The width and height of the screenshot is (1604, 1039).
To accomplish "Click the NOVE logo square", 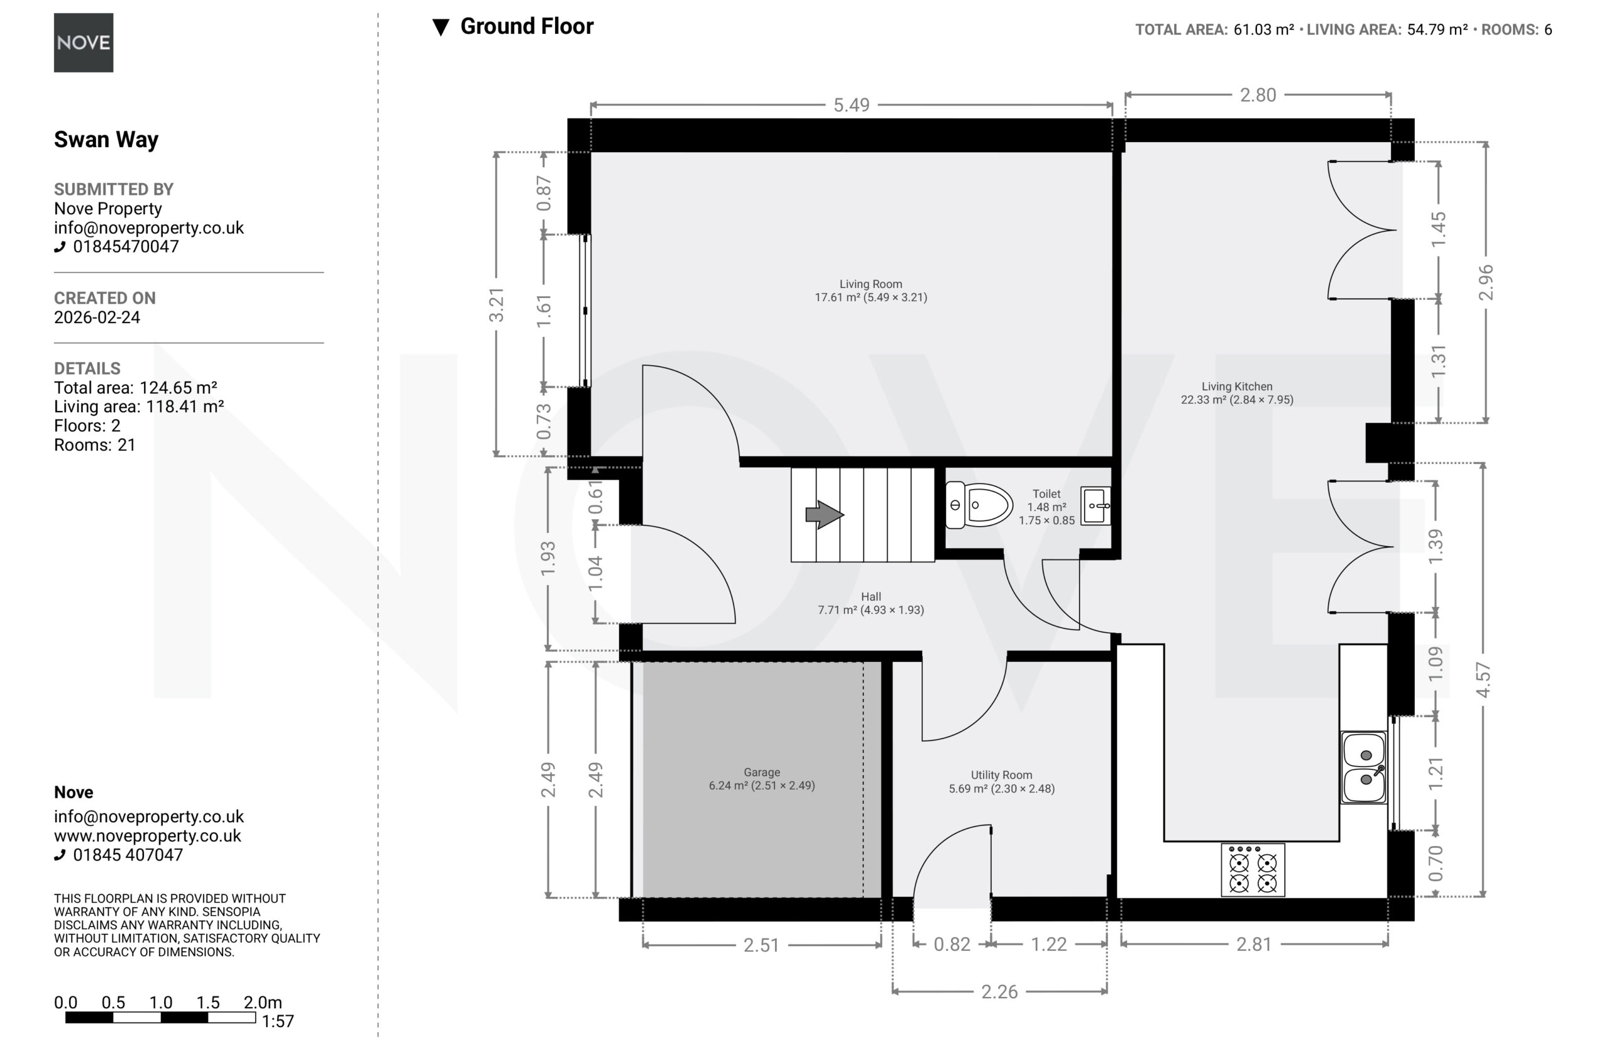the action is click(x=83, y=43).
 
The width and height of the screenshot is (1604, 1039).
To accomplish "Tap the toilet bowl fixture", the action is click(x=979, y=505).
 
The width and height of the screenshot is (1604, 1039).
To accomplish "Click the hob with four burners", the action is click(x=1253, y=870).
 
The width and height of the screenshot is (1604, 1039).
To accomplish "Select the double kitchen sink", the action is click(x=1365, y=767).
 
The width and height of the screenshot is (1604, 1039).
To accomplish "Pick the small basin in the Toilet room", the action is click(x=1096, y=505).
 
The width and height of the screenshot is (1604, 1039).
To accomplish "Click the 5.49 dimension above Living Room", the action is click(x=851, y=105).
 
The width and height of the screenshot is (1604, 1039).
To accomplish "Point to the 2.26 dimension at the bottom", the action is click(x=999, y=991).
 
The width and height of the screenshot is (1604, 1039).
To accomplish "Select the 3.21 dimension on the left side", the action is click(x=496, y=304).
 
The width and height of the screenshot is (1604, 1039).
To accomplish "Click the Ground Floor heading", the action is click(x=526, y=26).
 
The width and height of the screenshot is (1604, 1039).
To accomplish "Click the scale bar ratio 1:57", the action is click(x=278, y=1021).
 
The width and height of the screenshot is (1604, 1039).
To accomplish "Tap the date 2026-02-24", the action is click(x=97, y=318).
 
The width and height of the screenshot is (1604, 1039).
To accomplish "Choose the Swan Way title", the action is click(x=107, y=140).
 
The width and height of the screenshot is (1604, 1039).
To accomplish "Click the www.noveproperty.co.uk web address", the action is click(x=148, y=835).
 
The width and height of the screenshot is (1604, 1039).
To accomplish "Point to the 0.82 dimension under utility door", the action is click(x=952, y=944).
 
